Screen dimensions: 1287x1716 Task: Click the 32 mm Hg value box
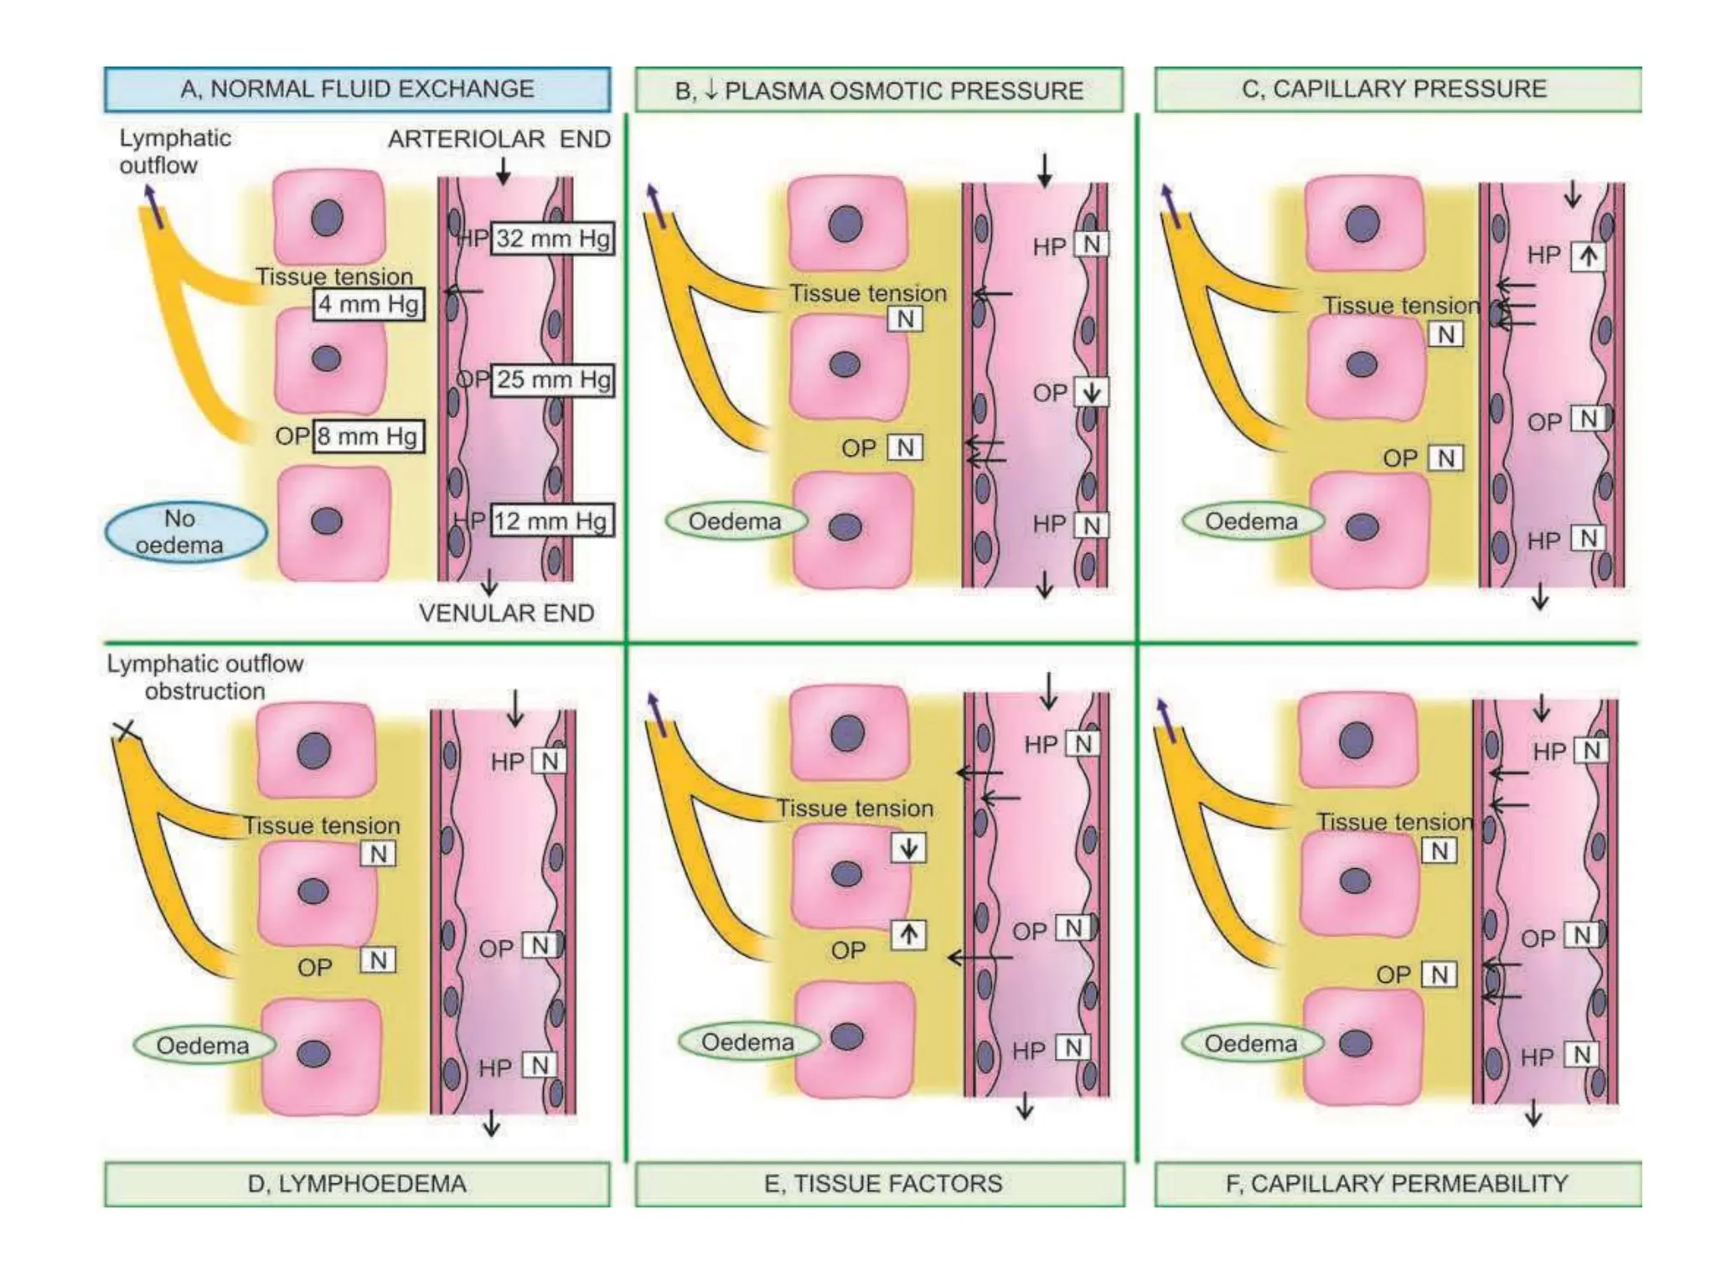[x=551, y=239]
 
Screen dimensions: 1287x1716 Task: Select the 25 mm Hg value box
[x=552, y=380]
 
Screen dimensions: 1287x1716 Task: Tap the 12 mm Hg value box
[x=551, y=520]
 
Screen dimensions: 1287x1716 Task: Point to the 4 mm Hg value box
[x=369, y=303]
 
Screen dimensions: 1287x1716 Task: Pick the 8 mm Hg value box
[x=369, y=436]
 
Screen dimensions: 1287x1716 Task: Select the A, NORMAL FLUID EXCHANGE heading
[x=358, y=89]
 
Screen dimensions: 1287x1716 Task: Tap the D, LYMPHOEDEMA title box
[x=358, y=1183]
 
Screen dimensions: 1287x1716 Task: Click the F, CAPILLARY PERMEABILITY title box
[x=1397, y=1183]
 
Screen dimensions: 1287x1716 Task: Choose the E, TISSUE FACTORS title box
[x=880, y=1183]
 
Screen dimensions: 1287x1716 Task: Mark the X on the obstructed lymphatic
[x=126, y=731]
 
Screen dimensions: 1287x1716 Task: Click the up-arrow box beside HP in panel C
[x=1588, y=256]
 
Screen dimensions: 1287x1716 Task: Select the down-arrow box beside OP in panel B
[x=1091, y=392]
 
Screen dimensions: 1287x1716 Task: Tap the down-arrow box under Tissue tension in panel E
[x=908, y=848]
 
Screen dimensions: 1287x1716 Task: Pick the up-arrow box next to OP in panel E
[x=908, y=933]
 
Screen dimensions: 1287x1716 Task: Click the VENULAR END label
[x=506, y=612]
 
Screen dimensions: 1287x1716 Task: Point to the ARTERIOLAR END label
[x=499, y=139]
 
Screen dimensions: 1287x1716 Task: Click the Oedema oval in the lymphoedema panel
[x=204, y=1046]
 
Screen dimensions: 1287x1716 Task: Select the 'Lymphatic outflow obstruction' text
[x=204, y=677]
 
